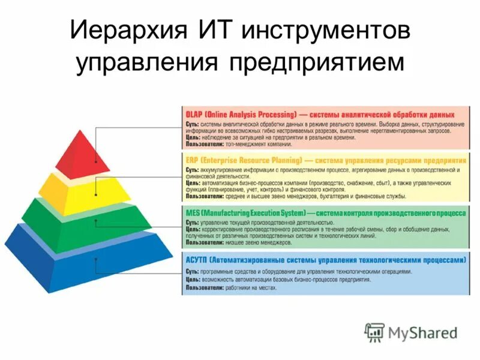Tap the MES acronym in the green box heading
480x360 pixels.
coord(193,213)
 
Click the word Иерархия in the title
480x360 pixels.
coord(128,31)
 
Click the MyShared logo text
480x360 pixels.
coord(422,332)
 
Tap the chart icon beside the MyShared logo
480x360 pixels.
coord(375,332)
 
